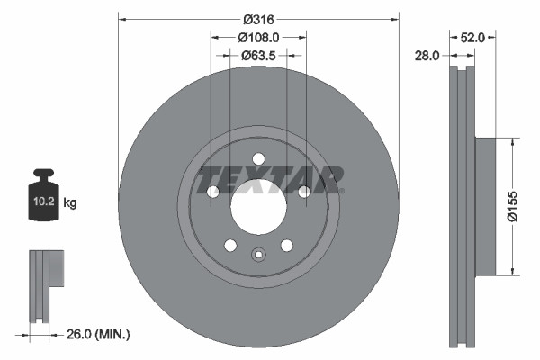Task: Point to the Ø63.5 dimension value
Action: (x=258, y=55)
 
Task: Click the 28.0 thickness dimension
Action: (x=427, y=55)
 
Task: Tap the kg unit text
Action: (x=70, y=203)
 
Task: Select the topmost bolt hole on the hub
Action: (x=258, y=159)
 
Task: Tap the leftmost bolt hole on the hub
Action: (x=213, y=192)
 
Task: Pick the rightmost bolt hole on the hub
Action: (x=304, y=192)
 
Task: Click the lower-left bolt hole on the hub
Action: (x=230, y=245)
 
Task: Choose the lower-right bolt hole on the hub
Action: (x=286, y=245)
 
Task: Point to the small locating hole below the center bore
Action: (x=258, y=254)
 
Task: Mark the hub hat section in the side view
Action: (x=485, y=206)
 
